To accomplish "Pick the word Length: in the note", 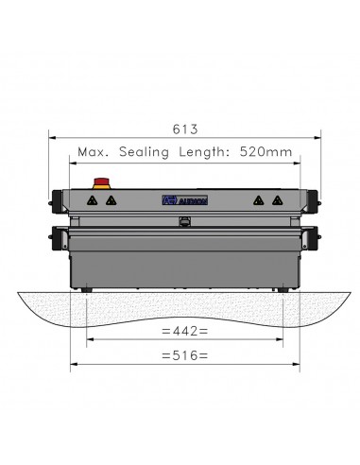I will (x=204, y=149).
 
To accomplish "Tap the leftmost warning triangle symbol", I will (x=93, y=200).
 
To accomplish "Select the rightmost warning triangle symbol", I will (x=276, y=200).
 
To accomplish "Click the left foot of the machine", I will (x=87, y=289).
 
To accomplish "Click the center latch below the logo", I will (x=184, y=223).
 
